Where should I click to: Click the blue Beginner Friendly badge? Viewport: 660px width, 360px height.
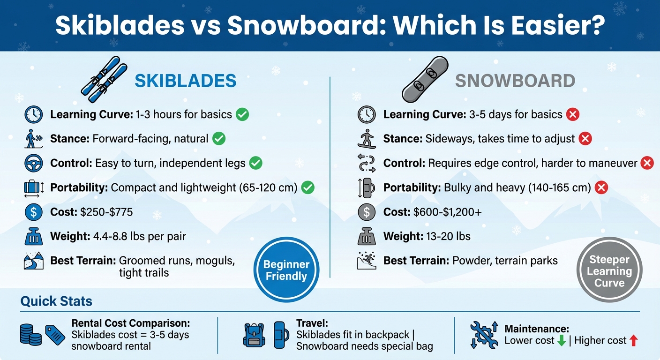coord(286,270)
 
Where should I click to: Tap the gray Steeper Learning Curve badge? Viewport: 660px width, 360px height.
coord(609,270)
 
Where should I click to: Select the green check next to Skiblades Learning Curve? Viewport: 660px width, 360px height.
coord(242,114)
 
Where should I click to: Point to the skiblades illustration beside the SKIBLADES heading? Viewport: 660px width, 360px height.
coord(104,80)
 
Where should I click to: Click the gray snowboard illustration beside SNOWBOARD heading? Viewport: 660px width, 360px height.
coord(425,79)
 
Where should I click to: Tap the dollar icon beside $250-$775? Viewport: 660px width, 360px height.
coord(33,212)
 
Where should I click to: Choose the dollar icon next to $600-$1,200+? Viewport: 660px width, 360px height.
coord(366,212)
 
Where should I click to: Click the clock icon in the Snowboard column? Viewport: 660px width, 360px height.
coord(366,114)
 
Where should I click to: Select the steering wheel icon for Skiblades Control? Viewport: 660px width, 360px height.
coord(33,163)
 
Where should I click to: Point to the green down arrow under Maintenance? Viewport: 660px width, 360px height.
coord(562,341)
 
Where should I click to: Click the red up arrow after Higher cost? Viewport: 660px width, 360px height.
coord(634,341)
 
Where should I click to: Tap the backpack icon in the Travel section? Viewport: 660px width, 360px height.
coord(254,335)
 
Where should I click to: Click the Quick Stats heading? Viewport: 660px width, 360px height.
coord(56,300)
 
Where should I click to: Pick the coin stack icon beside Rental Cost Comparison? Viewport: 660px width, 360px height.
coord(31,335)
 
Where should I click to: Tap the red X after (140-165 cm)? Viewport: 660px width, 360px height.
coord(601,187)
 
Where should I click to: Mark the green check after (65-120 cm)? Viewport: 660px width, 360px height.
coord(307,187)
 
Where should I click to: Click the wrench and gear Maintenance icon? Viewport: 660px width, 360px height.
coord(484,335)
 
